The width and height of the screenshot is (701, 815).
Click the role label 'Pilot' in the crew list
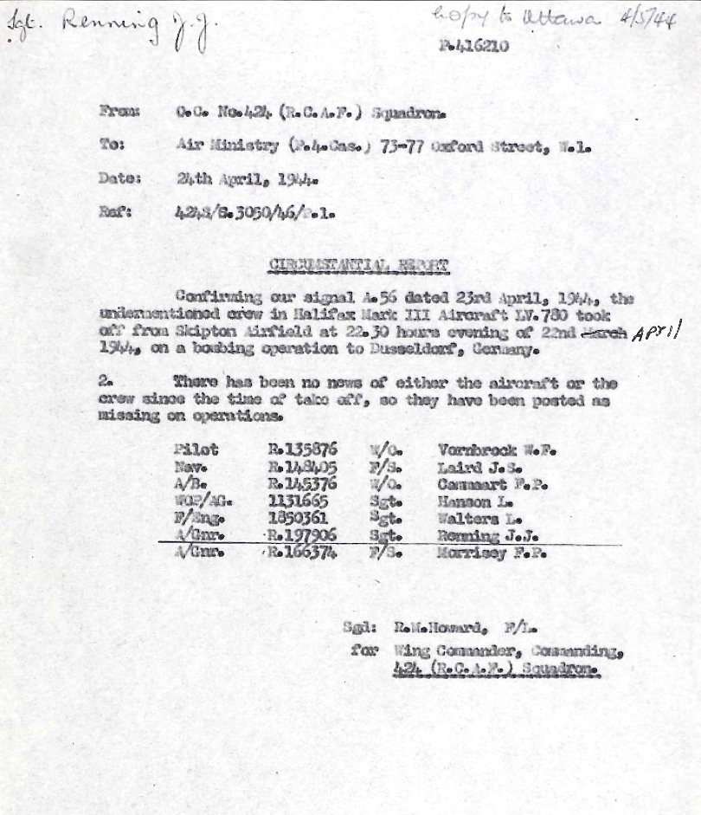coord(196,450)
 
